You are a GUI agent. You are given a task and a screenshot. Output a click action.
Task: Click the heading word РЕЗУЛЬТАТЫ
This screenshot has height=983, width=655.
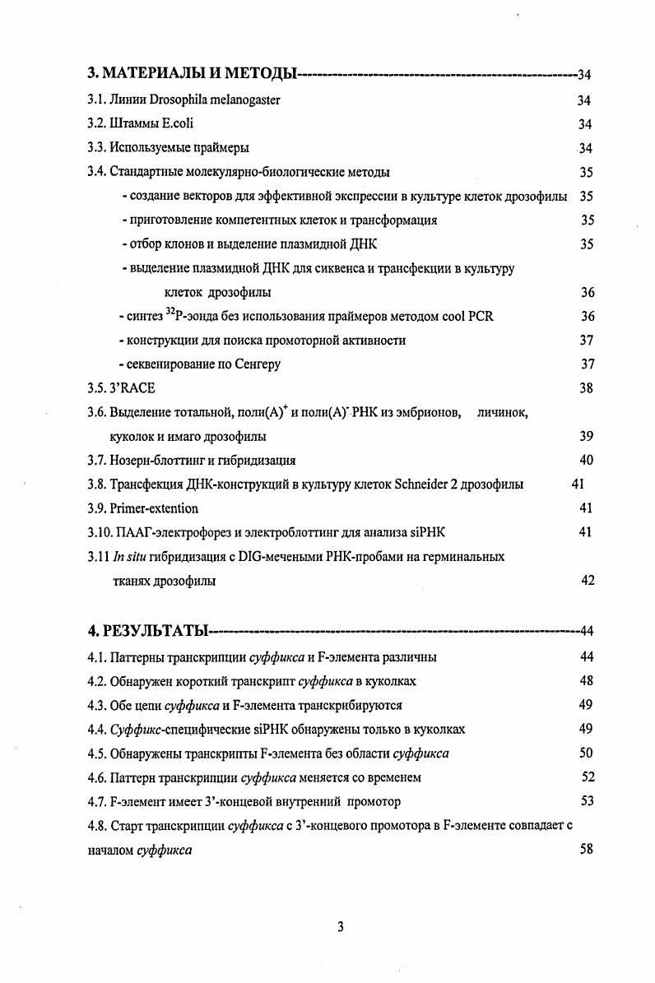(156, 632)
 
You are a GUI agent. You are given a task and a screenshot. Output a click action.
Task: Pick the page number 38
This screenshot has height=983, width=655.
(586, 388)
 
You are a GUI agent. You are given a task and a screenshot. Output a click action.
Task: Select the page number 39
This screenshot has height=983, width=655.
(586, 436)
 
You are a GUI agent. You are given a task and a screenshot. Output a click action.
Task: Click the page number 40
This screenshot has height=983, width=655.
(586, 460)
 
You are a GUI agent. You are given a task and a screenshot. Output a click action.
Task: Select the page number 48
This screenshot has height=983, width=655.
(586, 681)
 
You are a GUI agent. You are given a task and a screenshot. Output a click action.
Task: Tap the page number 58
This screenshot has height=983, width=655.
(586, 849)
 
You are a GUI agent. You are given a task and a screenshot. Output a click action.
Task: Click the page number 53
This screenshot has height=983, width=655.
(587, 800)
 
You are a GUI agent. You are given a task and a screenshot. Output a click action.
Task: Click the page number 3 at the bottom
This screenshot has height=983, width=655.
(340, 928)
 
